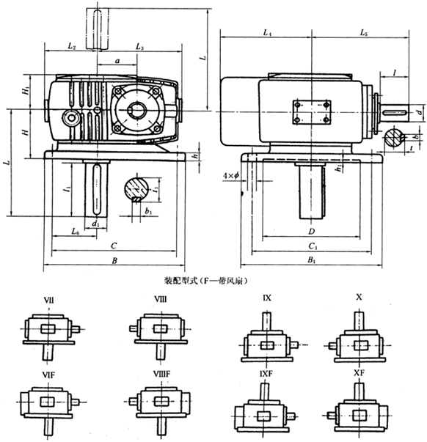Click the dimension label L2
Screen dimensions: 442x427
[71, 46]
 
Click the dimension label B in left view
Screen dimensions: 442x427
[113, 260]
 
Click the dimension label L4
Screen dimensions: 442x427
[267, 34]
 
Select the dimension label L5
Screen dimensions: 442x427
[365, 34]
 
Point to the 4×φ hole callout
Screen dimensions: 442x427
[232, 176]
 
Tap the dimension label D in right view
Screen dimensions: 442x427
[311, 231]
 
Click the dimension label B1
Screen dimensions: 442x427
[312, 260]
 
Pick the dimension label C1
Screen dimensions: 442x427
[312, 246]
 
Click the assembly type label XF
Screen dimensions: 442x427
[359, 373]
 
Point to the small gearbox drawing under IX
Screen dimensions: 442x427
[268, 336]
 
